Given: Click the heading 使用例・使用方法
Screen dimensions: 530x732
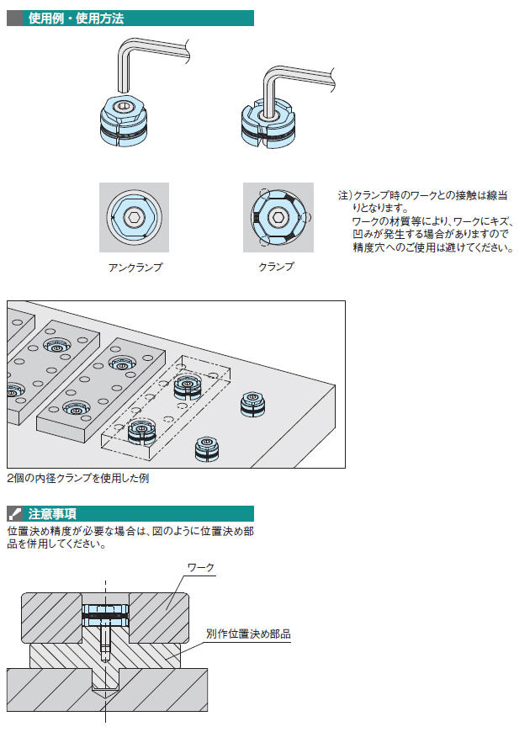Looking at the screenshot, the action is pos(76,19).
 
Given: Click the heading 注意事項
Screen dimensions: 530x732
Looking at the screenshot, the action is pos(52,513).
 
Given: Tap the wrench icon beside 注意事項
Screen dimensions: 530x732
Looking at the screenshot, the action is pos(14,513).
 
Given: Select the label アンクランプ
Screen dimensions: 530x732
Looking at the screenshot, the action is pos(135,268).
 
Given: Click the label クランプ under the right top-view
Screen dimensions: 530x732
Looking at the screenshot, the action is pos(277,267).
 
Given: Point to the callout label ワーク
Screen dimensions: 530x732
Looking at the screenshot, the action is pos(201,568).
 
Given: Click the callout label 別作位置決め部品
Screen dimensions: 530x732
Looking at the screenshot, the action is pos(248,634).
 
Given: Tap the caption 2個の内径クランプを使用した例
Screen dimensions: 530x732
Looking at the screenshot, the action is pos(78,478).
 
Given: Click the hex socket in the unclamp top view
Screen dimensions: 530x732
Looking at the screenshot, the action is pos(134,217).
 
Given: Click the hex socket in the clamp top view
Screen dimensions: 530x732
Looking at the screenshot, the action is pos(278,217).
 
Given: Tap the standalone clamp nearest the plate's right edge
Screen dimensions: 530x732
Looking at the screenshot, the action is pos(252,404).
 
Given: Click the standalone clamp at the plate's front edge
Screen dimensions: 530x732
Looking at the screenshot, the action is pos(207,449).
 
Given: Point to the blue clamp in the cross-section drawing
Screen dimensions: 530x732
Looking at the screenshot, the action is pos(105,616).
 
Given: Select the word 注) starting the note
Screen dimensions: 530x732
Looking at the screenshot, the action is pos(345,195).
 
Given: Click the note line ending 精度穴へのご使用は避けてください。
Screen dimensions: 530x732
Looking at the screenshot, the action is pos(433,247).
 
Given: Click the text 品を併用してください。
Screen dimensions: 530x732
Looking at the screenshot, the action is pos(57,544).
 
